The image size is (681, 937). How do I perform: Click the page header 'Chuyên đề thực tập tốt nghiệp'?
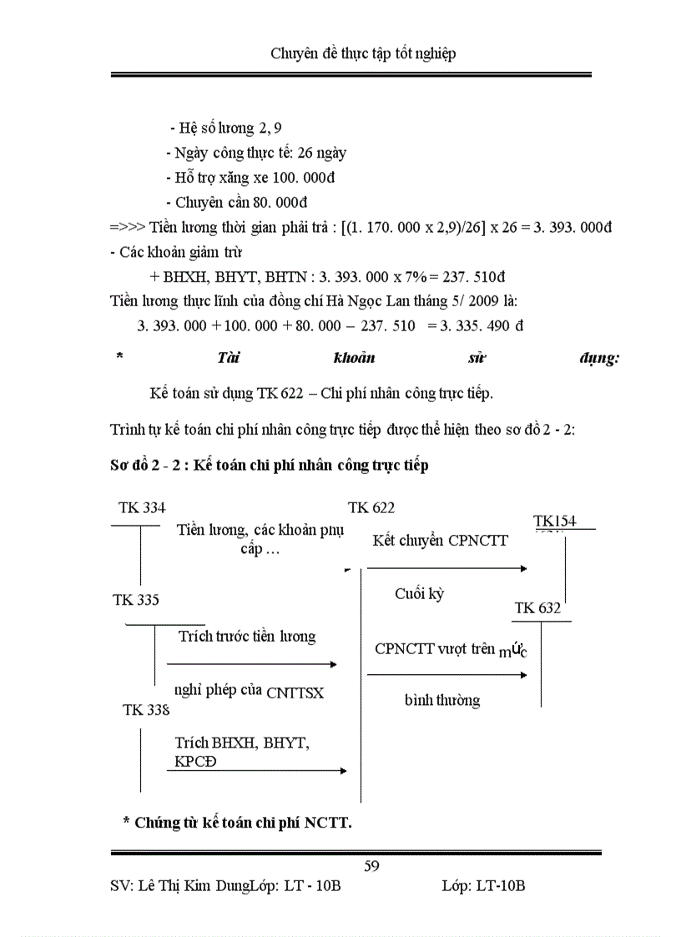pos(363,54)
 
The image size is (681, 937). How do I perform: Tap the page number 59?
pos(372,866)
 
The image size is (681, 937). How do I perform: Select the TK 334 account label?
pos(142,507)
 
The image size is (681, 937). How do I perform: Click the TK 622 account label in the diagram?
pos(371,507)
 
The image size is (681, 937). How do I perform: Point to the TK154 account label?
pos(555,521)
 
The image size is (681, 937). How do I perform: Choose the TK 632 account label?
pos(537,608)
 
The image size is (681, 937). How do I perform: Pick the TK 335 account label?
pos(136,599)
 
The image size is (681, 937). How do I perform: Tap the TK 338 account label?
pos(146,710)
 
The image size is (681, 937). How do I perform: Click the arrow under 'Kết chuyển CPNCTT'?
pos(447,568)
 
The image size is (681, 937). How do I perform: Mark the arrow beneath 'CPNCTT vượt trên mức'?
pos(447,673)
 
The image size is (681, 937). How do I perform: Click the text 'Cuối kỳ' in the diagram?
pos(420,594)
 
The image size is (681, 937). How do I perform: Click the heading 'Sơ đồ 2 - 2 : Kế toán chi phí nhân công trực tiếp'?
pos(269,466)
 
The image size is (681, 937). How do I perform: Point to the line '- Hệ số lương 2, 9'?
pos(225,128)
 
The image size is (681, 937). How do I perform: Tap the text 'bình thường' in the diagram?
pos(442,700)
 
